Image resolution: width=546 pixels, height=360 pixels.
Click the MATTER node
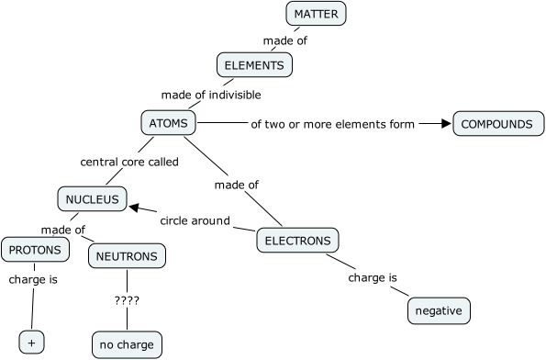(317, 14)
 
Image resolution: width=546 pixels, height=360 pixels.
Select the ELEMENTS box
(256, 65)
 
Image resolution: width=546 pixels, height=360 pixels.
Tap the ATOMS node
(168, 123)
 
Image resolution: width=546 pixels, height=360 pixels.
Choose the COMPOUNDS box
(496, 124)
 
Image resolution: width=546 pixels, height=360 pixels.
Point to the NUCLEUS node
(91, 197)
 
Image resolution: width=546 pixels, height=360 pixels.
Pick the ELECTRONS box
(297, 241)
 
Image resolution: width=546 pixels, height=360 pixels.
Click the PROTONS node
(35, 249)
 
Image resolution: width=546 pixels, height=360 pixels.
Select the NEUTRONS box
(127, 256)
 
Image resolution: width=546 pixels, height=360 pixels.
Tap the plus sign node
(31, 342)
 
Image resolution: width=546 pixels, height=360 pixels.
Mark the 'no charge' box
(127, 344)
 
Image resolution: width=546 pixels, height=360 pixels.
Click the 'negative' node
(439, 310)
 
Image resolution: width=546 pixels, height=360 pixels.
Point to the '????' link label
(128, 300)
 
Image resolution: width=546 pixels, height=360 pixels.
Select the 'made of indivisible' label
(211, 95)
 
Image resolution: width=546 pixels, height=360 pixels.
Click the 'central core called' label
(129, 163)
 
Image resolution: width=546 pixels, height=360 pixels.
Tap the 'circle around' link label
(195, 220)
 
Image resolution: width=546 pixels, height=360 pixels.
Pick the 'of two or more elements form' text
(333, 124)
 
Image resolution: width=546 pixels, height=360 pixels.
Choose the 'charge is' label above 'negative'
(373, 276)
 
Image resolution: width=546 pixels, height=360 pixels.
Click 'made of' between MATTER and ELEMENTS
(284, 40)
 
